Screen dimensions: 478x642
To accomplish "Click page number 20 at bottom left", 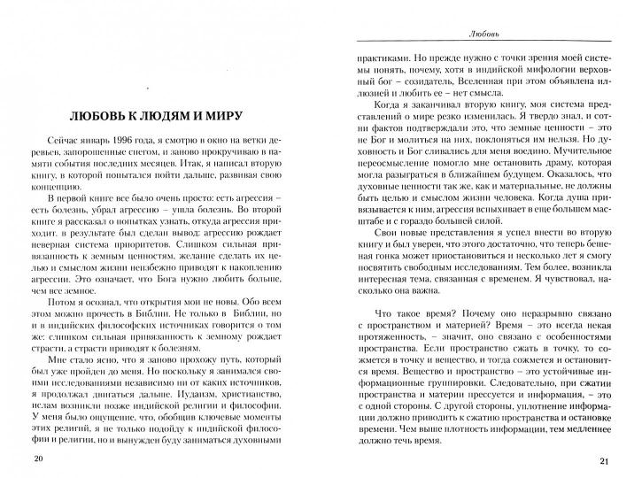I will coord(36,459).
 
